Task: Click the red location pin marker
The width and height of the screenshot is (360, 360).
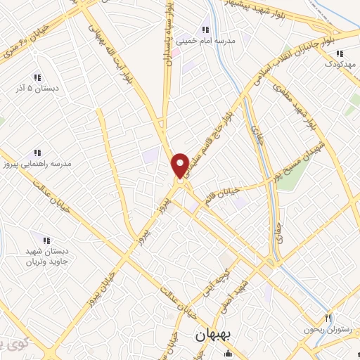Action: pyautogui.click(x=180, y=166)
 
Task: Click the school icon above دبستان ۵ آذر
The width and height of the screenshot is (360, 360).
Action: pyautogui.click(x=37, y=77)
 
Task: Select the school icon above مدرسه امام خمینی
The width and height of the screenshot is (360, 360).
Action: pyautogui.click(x=205, y=30)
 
